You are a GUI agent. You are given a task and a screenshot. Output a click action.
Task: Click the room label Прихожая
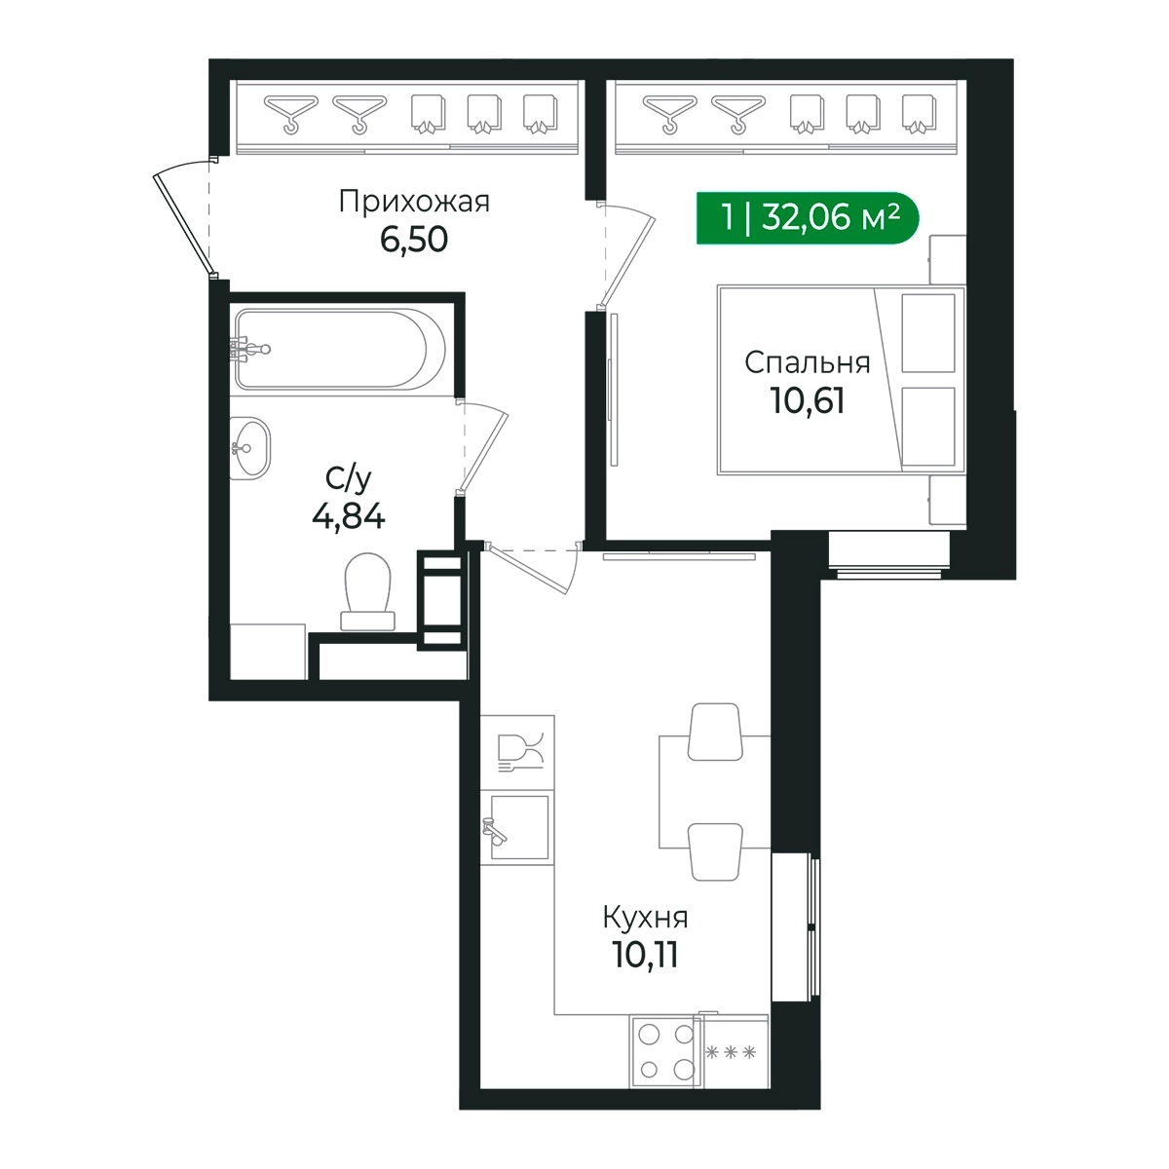[414, 202]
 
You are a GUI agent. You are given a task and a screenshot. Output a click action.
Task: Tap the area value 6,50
[414, 239]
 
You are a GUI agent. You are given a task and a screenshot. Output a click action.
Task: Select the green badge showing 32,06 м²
[807, 218]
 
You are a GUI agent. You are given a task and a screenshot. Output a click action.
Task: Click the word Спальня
[807, 362]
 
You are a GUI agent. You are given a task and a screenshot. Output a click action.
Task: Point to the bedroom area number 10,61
[807, 401]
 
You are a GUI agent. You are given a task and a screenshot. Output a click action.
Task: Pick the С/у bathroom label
[348, 480]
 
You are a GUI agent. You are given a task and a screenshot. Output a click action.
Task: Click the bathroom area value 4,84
[348, 517]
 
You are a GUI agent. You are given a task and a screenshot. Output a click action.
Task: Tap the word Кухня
[645, 918]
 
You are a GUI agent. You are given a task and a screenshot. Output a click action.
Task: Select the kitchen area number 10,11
[645, 956]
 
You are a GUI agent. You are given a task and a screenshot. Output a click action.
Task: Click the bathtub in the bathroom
[340, 349]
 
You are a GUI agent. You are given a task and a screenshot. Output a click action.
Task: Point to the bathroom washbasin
[249, 448]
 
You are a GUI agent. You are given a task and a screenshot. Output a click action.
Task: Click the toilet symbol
[367, 591]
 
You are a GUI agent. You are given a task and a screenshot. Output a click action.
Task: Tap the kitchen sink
[517, 827]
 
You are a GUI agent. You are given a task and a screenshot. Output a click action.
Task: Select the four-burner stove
[666, 1051]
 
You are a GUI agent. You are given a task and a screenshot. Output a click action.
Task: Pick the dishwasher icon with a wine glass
[517, 752]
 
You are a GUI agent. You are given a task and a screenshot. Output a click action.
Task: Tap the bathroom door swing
[482, 447]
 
